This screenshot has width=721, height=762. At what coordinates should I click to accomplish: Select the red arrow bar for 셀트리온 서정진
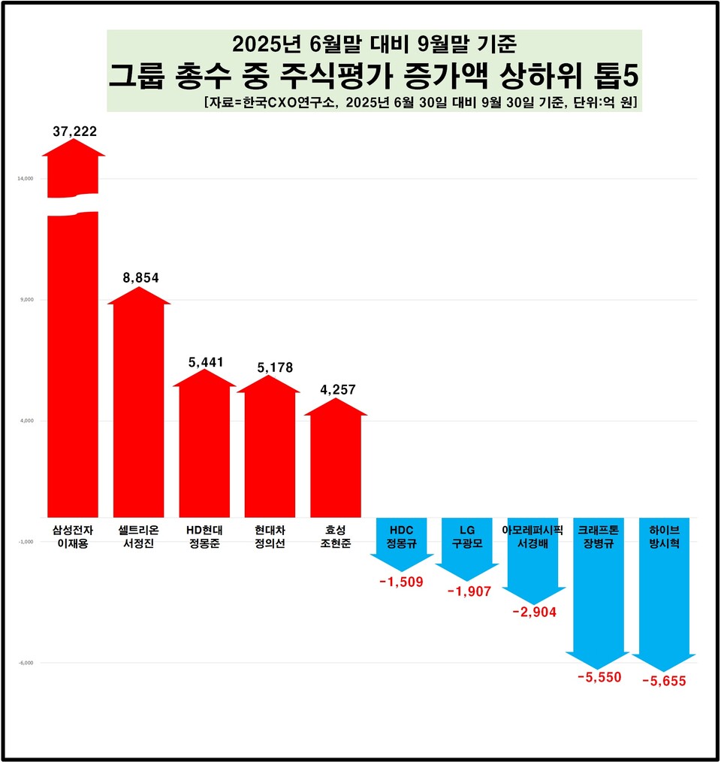pos(139,406)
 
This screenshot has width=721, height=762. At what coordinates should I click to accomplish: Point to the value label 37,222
pos(74,132)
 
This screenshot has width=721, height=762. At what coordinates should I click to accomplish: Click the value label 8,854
pos(140,277)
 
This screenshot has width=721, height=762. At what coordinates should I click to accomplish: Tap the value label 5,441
pos(206,362)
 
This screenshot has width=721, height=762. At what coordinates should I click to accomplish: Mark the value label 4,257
pos(337,389)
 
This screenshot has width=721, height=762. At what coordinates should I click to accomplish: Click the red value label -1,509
pos(401,581)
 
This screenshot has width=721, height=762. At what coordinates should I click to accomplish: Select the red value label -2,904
pos(534,612)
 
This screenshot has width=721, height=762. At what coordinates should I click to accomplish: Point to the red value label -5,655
pos(664,682)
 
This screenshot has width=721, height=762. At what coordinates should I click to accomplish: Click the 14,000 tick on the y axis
pos(26,179)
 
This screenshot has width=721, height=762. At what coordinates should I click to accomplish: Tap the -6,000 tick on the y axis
pos(26,663)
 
